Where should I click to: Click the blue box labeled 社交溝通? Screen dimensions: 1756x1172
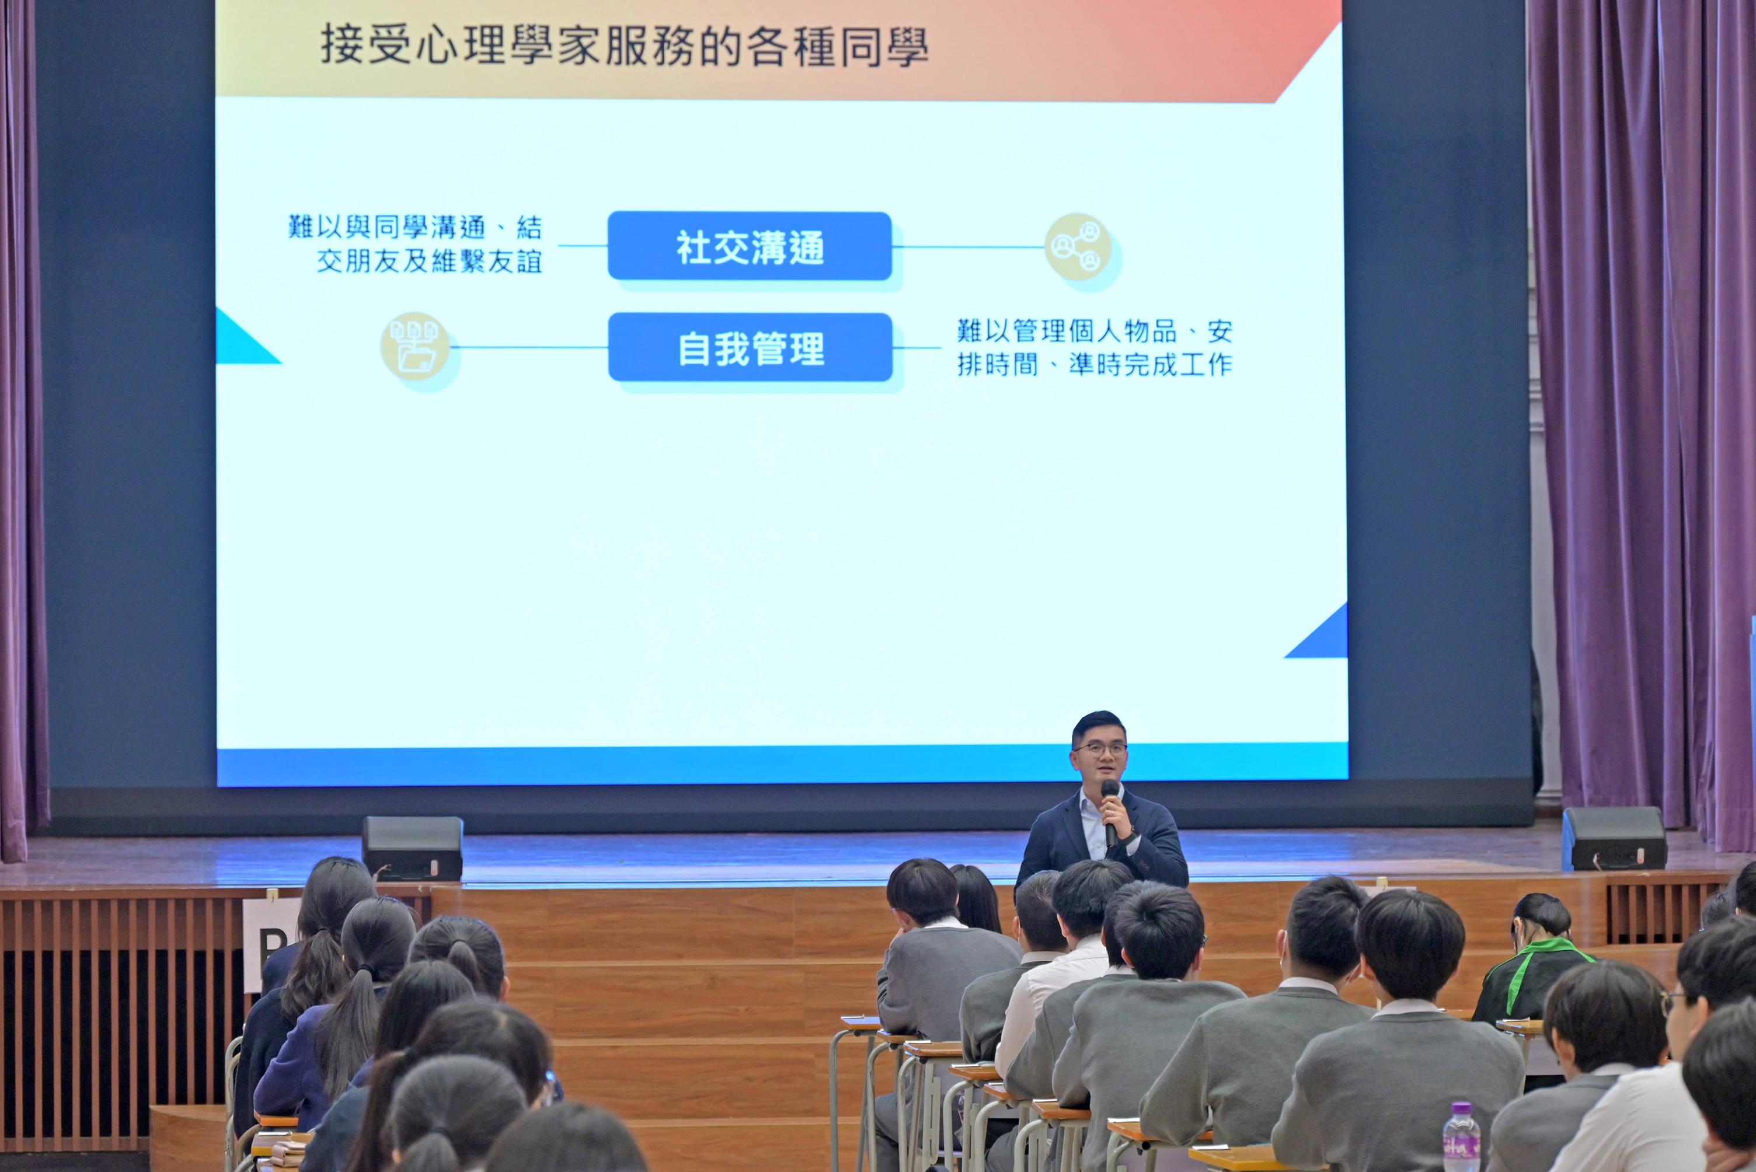point(750,246)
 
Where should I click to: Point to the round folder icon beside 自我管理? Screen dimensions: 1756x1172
point(415,346)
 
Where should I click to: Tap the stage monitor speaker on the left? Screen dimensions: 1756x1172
point(412,847)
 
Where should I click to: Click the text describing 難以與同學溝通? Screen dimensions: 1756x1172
point(416,243)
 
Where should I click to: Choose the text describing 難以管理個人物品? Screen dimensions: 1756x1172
point(1095,347)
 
